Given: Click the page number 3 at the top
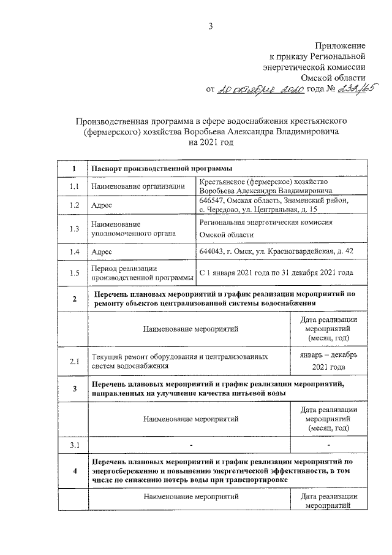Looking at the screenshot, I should [x=211, y=25].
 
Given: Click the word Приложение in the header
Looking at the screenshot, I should [x=341, y=46].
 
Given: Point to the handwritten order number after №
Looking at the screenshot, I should [x=358, y=89].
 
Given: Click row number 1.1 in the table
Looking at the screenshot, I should [x=75, y=186].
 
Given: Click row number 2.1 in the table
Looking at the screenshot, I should [x=75, y=361].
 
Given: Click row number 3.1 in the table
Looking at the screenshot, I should [x=75, y=444].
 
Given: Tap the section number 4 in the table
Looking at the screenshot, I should [x=75, y=470].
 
